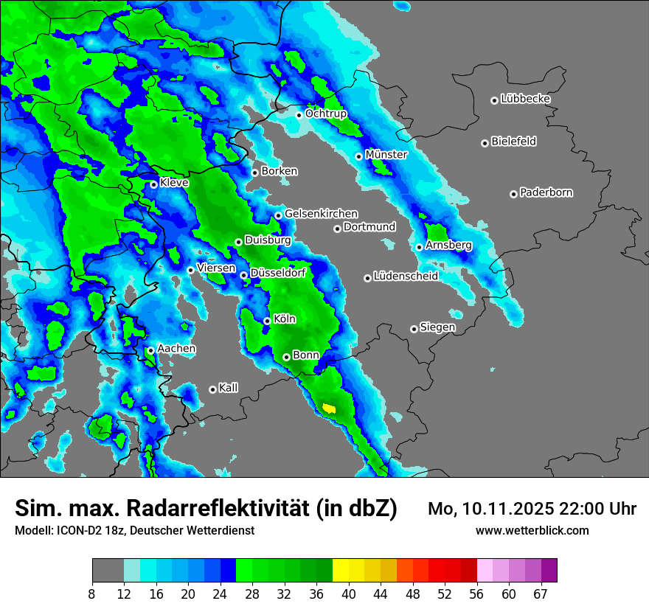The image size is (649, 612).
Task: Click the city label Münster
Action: click(386, 155)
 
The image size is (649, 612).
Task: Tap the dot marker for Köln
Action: click(267, 321)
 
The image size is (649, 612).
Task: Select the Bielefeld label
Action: click(513, 142)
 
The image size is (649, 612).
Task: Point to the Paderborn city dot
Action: click(513, 194)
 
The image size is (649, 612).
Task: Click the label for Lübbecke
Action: click(525, 99)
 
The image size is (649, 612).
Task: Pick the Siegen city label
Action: click(437, 327)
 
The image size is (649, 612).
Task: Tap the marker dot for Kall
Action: click(212, 389)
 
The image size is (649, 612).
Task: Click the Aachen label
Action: click(176, 349)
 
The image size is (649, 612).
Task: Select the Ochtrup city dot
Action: click(299, 114)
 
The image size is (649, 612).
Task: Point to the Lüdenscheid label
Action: click(406, 277)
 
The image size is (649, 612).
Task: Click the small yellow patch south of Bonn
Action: click(329, 408)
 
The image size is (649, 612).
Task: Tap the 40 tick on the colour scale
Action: click(349, 594)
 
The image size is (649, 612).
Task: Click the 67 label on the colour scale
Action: click(541, 594)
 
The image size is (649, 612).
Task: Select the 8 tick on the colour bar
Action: click(91, 594)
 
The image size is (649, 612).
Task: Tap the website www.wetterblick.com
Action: click(532, 530)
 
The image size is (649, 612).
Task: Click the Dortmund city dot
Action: click(337, 229)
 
